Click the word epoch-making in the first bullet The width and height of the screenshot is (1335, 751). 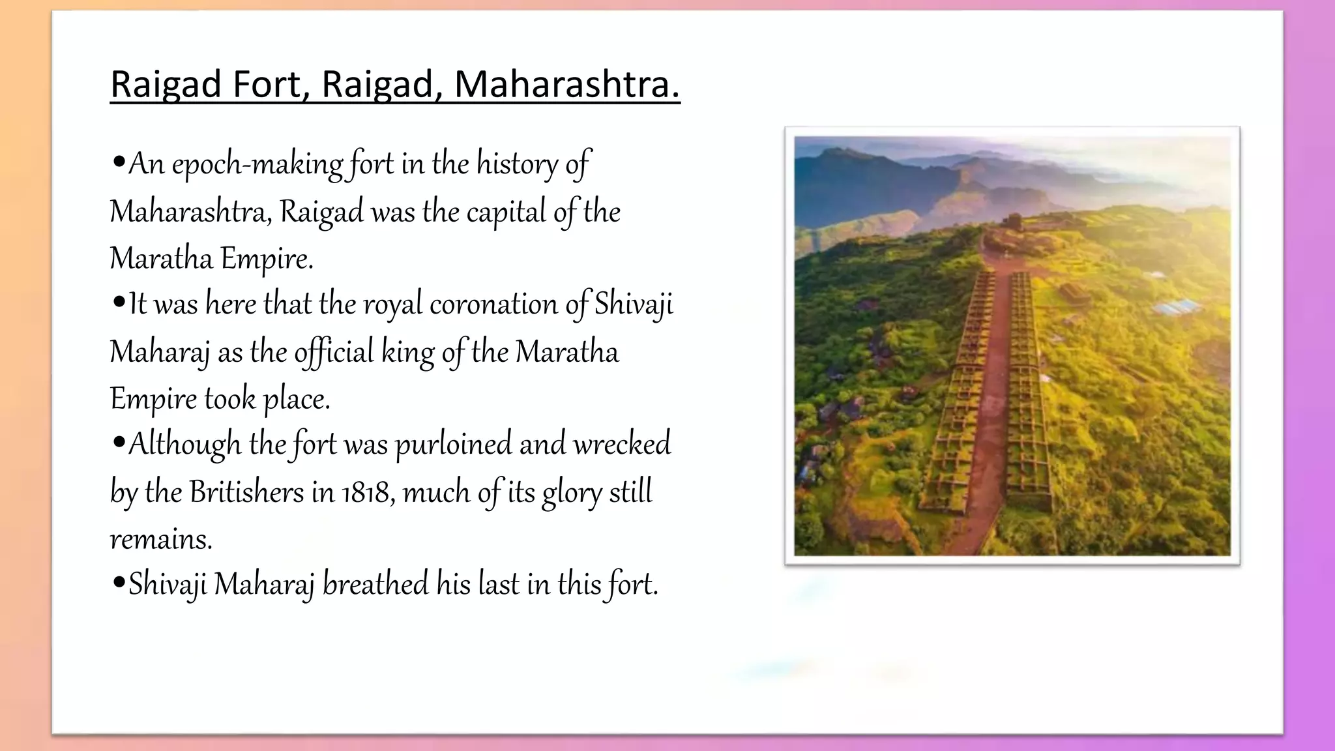(257, 164)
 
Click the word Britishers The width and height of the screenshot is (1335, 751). (246, 492)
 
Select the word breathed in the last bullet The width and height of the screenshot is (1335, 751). (375, 584)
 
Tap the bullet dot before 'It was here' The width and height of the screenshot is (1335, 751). (118, 303)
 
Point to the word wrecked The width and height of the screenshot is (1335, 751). (621, 445)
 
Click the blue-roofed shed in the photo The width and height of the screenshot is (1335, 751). (1177, 306)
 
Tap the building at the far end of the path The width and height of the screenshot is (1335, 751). (1012, 222)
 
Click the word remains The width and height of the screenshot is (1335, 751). (160, 540)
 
